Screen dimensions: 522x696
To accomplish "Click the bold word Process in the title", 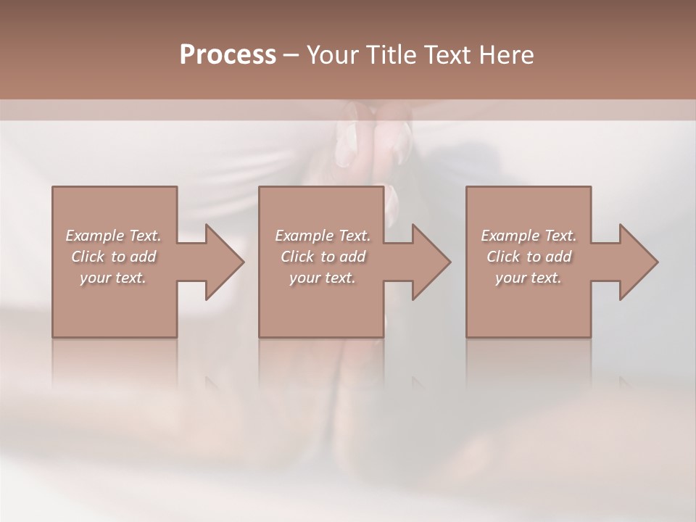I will [228, 55].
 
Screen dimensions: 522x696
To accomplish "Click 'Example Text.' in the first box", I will [113, 236].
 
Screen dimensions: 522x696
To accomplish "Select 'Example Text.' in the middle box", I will [323, 236].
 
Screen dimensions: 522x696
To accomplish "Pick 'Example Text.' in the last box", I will [529, 236].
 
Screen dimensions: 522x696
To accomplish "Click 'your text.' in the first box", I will [113, 278].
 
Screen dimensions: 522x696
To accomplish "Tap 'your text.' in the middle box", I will [323, 278].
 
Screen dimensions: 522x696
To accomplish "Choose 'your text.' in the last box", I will [529, 278].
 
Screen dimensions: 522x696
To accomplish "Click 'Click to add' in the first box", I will [113, 257].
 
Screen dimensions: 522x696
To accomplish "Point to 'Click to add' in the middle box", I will [323, 257].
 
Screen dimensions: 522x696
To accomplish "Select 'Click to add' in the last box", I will [529, 257].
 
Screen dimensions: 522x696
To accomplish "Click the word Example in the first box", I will [94, 236].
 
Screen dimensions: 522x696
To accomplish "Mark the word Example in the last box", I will [510, 236].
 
